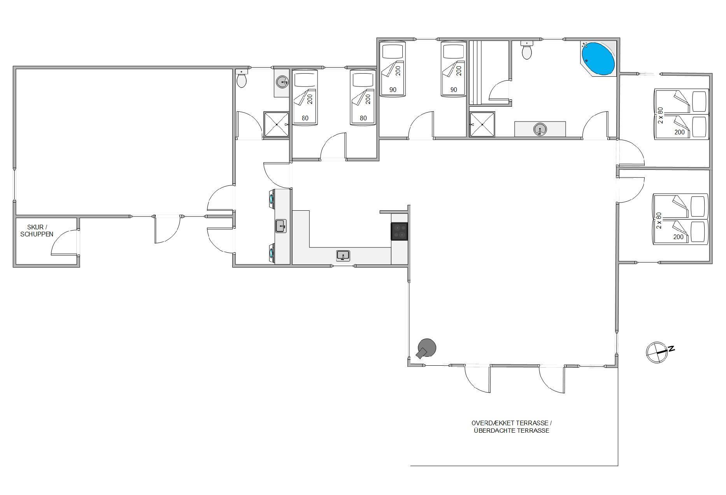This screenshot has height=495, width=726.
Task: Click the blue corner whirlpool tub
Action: tap(598, 59)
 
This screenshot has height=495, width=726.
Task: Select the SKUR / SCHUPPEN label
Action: tap(37, 231)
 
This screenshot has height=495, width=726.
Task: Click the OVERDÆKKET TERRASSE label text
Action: tap(512, 423)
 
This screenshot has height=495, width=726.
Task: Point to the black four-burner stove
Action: tap(399, 231)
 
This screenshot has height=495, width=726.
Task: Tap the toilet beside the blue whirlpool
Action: tap(527, 50)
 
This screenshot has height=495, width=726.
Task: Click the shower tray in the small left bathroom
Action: tap(276, 125)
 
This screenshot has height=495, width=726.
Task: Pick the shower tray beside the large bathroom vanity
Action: tap(482, 125)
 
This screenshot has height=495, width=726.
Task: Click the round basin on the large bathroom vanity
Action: tap(540, 129)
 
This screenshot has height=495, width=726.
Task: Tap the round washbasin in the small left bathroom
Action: tap(282, 82)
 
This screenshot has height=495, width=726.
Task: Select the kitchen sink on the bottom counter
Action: tap(343, 256)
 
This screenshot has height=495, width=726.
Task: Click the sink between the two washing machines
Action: tap(281, 226)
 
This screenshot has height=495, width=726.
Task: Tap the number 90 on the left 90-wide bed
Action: tap(393, 90)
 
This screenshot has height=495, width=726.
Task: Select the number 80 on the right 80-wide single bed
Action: tap(363, 118)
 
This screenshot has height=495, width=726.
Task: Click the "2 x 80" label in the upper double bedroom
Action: tap(660, 116)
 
